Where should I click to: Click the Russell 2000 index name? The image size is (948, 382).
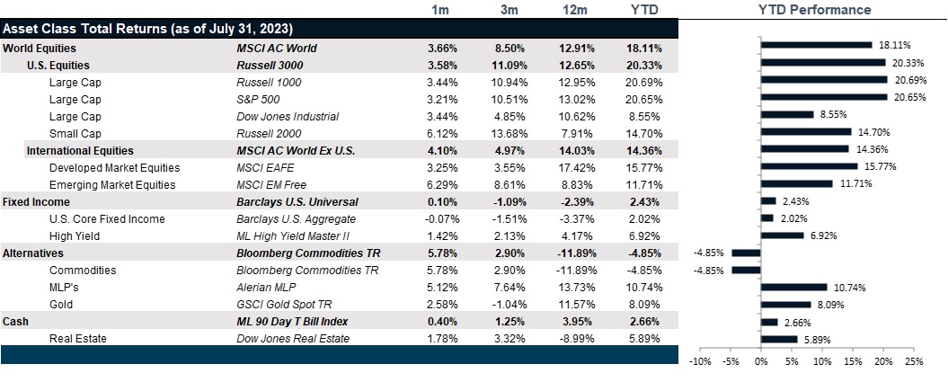pos(266,133)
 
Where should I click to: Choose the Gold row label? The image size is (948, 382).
pos(61,304)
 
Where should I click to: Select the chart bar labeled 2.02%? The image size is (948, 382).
pos(767,218)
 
